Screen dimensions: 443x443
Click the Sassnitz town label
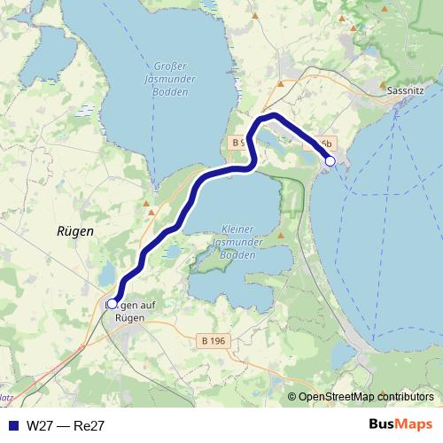[x=408, y=90]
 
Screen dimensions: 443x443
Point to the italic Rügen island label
[x=74, y=229]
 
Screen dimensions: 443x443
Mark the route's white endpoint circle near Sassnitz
[x=330, y=160]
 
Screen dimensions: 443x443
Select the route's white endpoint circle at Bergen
[x=112, y=303]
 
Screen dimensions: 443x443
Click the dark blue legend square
[x=13, y=425]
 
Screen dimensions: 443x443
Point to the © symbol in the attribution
[x=291, y=398]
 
